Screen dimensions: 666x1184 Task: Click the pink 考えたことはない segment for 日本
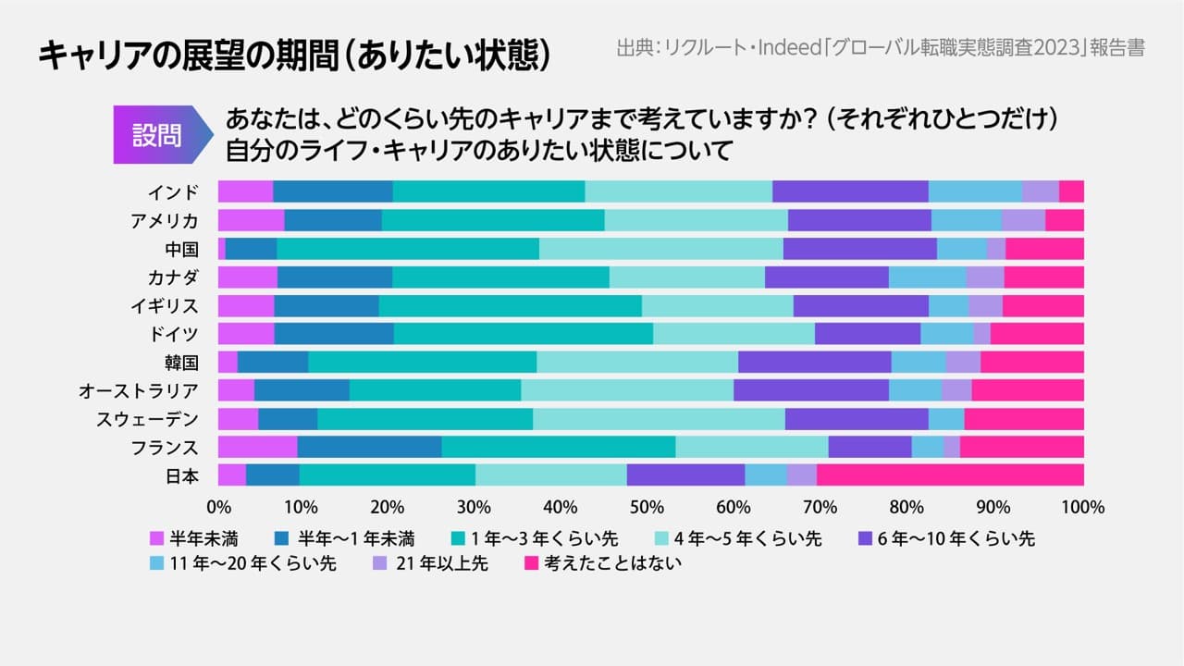pyautogui.click(x=950, y=475)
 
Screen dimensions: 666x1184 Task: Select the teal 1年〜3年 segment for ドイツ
pyautogui.click(x=524, y=333)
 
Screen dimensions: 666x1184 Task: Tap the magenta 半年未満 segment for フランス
pyautogui.click(x=258, y=447)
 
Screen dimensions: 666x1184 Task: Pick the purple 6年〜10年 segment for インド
pyautogui.click(x=850, y=191)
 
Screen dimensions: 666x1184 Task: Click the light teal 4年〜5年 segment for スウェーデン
pyautogui.click(x=659, y=419)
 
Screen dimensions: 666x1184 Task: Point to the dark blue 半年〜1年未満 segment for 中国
pyautogui.click(x=251, y=248)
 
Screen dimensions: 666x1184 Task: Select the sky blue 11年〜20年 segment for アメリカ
pyautogui.click(x=967, y=220)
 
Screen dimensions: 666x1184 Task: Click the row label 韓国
pyautogui.click(x=179, y=363)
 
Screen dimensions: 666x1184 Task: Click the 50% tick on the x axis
pyautogui.click(x=651, y=507)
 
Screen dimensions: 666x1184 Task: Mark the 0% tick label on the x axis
pyautogui.click(x=218, y=507)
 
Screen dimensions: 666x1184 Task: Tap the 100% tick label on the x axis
pyautogui.click(x=1083, y=507)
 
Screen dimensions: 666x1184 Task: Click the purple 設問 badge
pyautogui.click(x=157, y=135)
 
